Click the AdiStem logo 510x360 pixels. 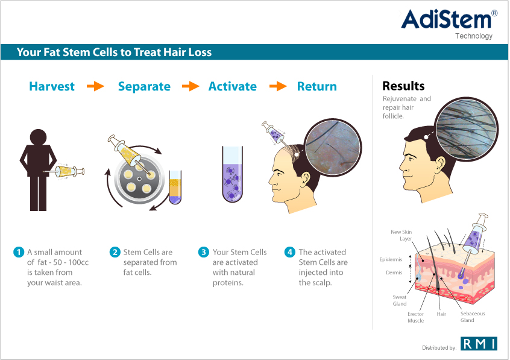449,24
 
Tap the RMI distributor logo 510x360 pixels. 479,343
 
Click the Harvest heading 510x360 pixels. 52,86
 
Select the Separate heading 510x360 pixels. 144,87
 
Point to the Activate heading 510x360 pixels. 232,86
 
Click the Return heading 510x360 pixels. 317,86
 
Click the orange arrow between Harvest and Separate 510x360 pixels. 95,86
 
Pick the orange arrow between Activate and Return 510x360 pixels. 278,86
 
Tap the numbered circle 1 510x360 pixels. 19,252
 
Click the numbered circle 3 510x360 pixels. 204,252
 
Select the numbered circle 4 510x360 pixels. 290,252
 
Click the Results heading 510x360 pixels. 403,86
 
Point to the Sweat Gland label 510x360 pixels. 400,300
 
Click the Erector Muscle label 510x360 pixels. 416,317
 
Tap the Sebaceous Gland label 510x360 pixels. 472,317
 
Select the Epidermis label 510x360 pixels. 391,259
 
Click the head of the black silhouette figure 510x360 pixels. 39,137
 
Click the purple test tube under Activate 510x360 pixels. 232,174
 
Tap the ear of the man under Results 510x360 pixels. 439,165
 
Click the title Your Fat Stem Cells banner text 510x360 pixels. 114,52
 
